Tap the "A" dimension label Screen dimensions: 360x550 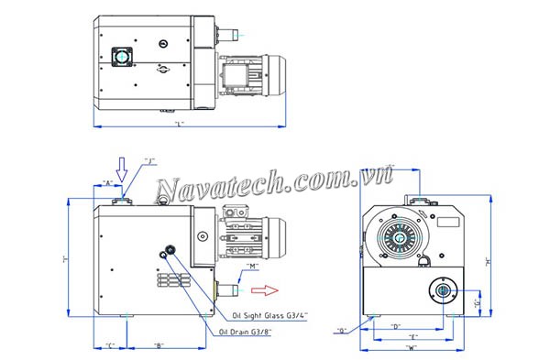pos(109,183)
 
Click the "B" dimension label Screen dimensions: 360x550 pos(159,345)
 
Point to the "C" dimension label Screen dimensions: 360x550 pos(110,345)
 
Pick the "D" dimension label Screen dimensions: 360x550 pos(396,326)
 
